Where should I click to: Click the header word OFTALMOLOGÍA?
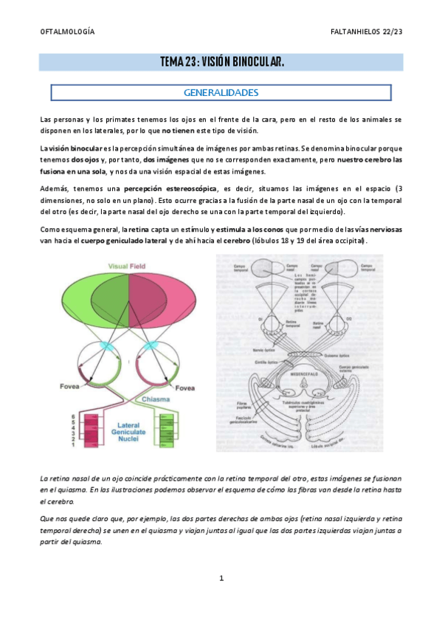click(67, 33)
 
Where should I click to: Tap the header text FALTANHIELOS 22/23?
click(367, 33)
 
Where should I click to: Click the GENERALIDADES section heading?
click(221, 93)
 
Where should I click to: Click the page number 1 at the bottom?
click(221, 579)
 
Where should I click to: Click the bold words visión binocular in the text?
click(74, 148)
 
